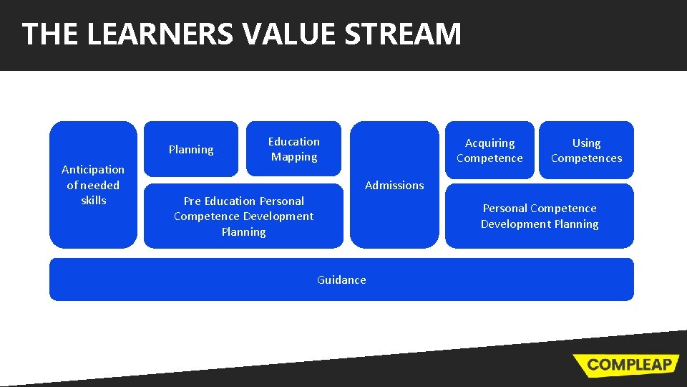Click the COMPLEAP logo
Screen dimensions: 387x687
point(625,364)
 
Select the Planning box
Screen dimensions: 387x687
point(191,149)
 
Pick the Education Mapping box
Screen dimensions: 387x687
point(294,149)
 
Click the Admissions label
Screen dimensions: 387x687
point(394,185)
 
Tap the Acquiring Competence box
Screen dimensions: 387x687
point(489,150)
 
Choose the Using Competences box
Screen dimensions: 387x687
point(586,150)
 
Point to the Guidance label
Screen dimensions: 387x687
point(341,279)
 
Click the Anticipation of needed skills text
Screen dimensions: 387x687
point(93,185)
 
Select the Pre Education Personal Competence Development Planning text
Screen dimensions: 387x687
point(243,216)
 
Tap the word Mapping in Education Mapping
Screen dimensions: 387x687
point(294,157)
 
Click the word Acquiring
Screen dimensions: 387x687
point(489,143)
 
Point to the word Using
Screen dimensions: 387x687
point(586,143)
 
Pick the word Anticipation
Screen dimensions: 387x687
point(93,169)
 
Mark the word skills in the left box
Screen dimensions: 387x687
point(93,201)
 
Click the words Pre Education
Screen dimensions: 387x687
point(218,201)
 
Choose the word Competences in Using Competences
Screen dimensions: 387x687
point(586,158)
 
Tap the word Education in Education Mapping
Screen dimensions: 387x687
point(294,141)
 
